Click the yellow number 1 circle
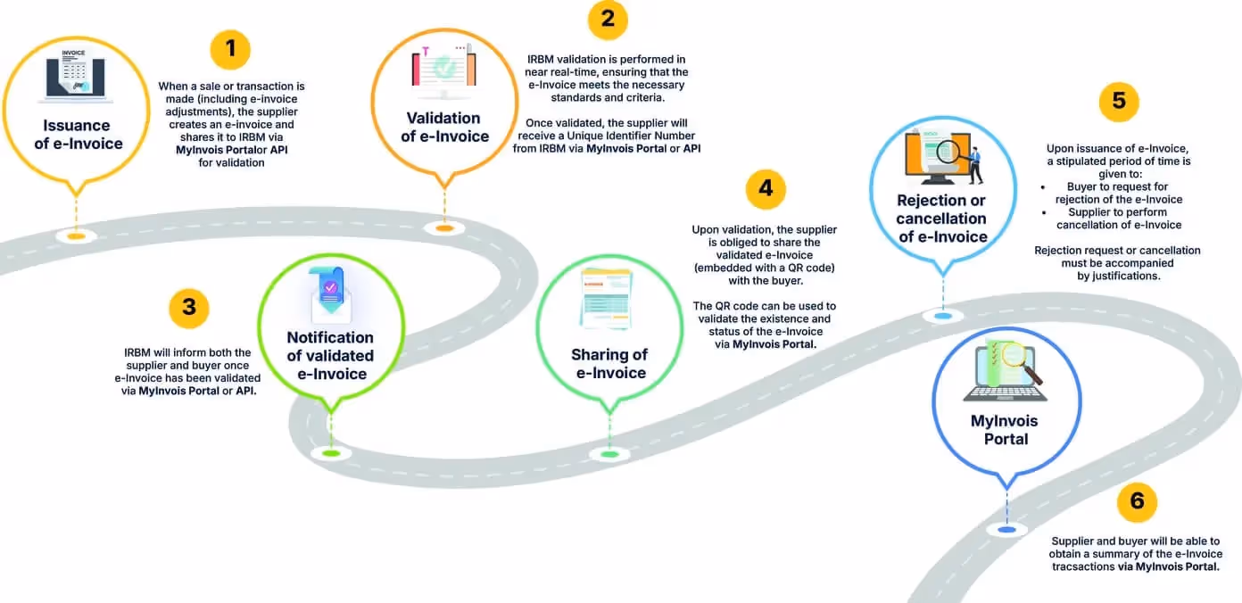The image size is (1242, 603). pyautogui.click(x=230, y=48)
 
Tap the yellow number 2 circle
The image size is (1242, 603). pyautogui.click(x=608, y=20)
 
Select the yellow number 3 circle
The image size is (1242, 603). pyautogui.click(x=188, y=309)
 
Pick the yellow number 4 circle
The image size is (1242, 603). pyautogui.click(x=766, y=189)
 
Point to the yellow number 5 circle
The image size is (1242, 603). pyautogui.click(x=1118, y=102)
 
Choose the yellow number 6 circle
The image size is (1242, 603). pyautogui.click(x=1136, y=501)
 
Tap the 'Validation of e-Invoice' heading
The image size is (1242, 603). pyautogui.click(x=444, y=127)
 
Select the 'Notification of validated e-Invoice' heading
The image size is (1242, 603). pyautogui.click(x=330, y=355)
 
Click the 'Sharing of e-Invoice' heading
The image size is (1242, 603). pyautogui.click(x=610, y=364)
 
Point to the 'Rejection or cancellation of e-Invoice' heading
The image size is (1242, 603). pyautogui.click(x=942, y=219)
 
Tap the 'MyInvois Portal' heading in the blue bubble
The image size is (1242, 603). pyautogui.click(x=1006, y=430)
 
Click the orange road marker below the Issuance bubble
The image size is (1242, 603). pyautogui.click(x=76, y=235)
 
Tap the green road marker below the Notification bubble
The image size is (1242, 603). pyautogui.click(x=330, y=453)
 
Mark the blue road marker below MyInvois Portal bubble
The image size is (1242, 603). pyautogui.click(x=1006, y=529)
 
